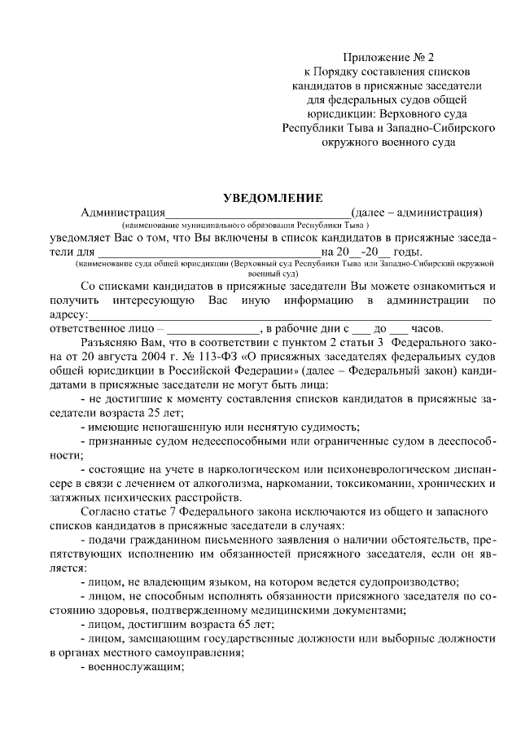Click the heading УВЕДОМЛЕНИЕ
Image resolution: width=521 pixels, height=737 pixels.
click(274, 197)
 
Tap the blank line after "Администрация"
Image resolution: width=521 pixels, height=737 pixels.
click(258, 213)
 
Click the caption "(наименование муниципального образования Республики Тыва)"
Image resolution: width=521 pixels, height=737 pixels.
click(246, 225)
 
